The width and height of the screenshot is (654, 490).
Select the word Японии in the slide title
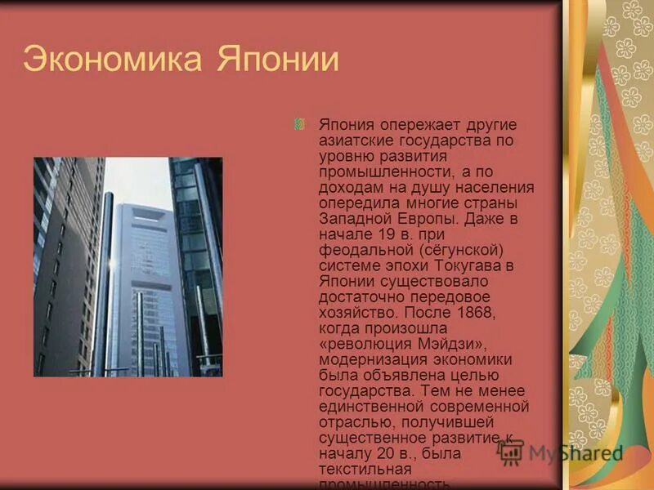tap(277, 60)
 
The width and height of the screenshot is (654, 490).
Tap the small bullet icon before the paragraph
tap(300, 123)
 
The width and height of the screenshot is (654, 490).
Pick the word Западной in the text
tap(352, 219)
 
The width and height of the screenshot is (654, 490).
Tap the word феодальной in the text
tap(358, 250)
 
